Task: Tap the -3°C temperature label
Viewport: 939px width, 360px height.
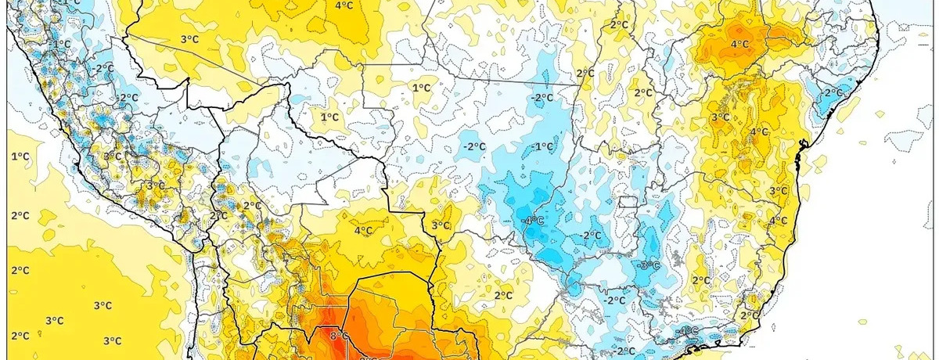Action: [x=649, y=265]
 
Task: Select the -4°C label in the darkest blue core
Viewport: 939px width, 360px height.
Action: [x=534, y=220]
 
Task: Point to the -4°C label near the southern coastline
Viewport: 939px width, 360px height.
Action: [x=688, y=330]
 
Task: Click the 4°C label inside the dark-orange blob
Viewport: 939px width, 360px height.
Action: [x=739, y=44]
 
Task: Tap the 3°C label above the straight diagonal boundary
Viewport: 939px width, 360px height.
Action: [x=188, y=39]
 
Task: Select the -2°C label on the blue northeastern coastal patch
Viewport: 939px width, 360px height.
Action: [x=832, y=92]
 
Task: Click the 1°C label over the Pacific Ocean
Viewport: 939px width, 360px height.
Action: [x=20, y=157]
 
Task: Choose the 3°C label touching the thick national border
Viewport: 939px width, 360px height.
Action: [x=441, y=225]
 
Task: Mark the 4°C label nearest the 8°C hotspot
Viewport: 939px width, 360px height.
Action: [x=363, y=230]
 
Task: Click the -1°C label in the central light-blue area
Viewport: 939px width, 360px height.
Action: [x=542, y=146]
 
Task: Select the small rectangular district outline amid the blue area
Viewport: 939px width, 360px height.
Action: [x=628, y=202]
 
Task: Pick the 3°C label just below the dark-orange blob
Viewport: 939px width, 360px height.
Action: [x=720, y=117]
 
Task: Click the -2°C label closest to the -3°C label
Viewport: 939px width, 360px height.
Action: [x=615, y=300]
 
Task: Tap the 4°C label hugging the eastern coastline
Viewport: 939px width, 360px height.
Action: [x=779, y=221]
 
